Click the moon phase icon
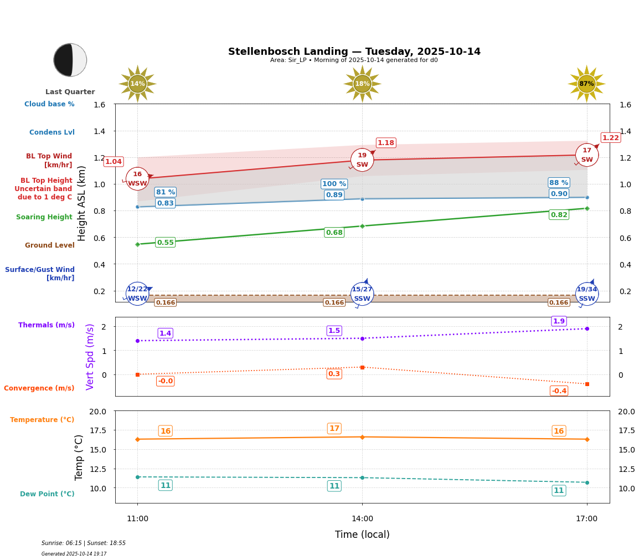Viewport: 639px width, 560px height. pos(70,60)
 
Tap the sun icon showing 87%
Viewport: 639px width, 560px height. pos(586,84)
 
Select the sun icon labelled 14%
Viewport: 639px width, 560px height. pos(137,84)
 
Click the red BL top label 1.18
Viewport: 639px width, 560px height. pos(386,143)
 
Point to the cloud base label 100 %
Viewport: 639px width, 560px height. pos(334,184)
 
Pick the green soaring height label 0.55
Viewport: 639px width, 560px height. pos(165,243)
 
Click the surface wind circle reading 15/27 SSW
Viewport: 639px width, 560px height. pos(362,294)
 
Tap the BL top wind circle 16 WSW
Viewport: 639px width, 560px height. pos(137,178)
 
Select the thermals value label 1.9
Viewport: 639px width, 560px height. pos(559,321)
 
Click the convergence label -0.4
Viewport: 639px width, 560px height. pos(559,391)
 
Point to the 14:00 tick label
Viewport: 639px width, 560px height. pos(362,519)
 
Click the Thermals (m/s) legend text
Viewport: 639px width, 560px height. pos(47,325)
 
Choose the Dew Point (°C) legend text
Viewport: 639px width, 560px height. pos(47,494)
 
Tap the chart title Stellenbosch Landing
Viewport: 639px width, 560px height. pos(354,52)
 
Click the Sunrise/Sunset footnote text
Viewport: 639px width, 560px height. pos(84,543)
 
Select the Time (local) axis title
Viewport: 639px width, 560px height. pos(362,535)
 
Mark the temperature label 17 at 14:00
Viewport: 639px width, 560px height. pos(334,429)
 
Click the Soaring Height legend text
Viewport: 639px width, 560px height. pos(44,217)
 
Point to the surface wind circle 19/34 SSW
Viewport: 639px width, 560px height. pos(587,294)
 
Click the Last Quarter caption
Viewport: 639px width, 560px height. pos(70,92)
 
